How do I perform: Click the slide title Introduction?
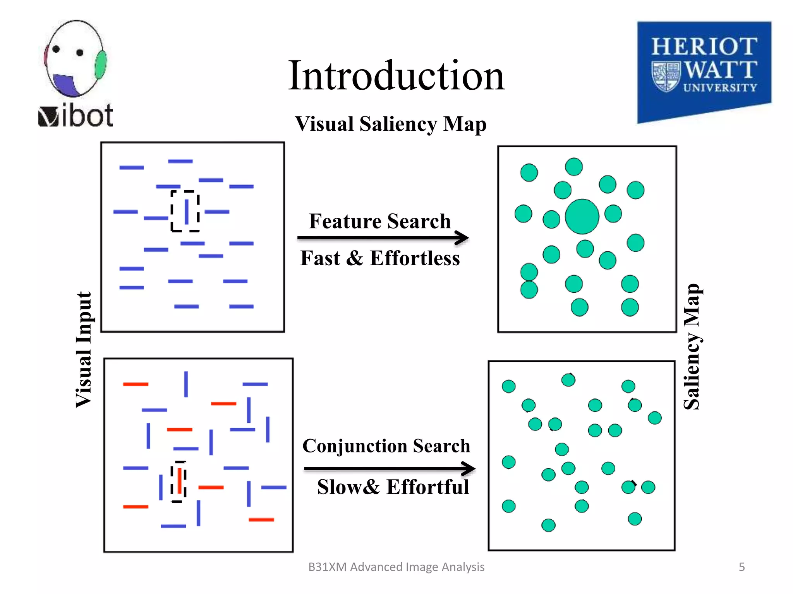coord(396,76)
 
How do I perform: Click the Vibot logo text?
coord(76,116)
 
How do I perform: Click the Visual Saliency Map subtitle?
coord(390,124)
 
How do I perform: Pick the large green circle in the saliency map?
coord(582,217)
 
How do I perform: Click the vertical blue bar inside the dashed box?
coord(187,212)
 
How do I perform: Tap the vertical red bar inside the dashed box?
coord(179,481)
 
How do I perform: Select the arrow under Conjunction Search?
coord(389,468)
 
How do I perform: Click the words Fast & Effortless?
coord(380,258)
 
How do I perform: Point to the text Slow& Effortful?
coord(393,487)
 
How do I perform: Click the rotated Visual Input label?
coord(84,350)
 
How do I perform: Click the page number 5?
coord(742,567)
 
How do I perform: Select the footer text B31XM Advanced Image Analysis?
coord(396,567)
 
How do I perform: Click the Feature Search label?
coord(379,221)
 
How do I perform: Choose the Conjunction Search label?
coord(386,446)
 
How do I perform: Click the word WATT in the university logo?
coord(721,70)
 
